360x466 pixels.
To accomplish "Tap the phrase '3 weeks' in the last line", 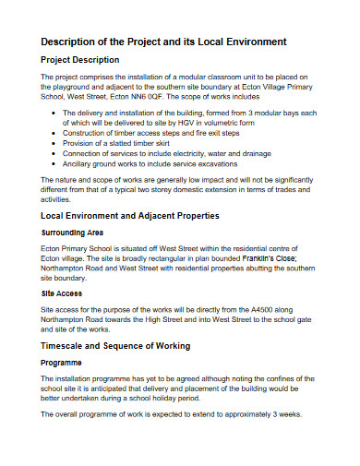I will (272, 415).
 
